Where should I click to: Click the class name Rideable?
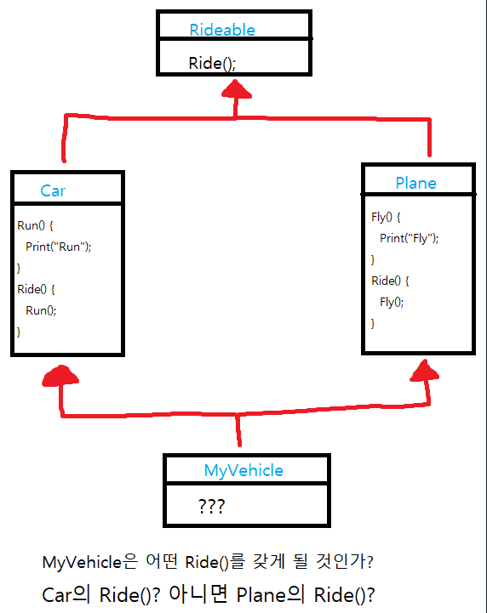tap(222, 30)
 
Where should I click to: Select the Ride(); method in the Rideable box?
tap(212, 63)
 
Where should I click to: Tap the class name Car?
tap(53, 190)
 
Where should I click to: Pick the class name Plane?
tap(415, 183)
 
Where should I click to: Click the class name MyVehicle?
tap(243, 471)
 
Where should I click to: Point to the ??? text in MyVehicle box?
tap(211, 506)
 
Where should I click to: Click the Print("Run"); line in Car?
tap(59, 247)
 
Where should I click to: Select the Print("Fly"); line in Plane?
tap(409, 238)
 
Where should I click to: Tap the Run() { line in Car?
tap(35, 225)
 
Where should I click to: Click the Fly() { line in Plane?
tap(386, 217)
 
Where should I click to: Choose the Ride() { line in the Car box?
tap(36, 289)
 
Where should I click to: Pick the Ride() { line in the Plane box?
tap(390, 281)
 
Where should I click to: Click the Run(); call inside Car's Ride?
tap(41, 310)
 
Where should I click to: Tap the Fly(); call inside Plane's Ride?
tap(392, 302)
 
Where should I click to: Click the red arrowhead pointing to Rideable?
tap(236, 89)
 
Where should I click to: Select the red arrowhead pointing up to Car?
tap(60, 376)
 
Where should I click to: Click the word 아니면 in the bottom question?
tap(198, 594)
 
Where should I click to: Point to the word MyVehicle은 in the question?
tap(90, 562)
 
